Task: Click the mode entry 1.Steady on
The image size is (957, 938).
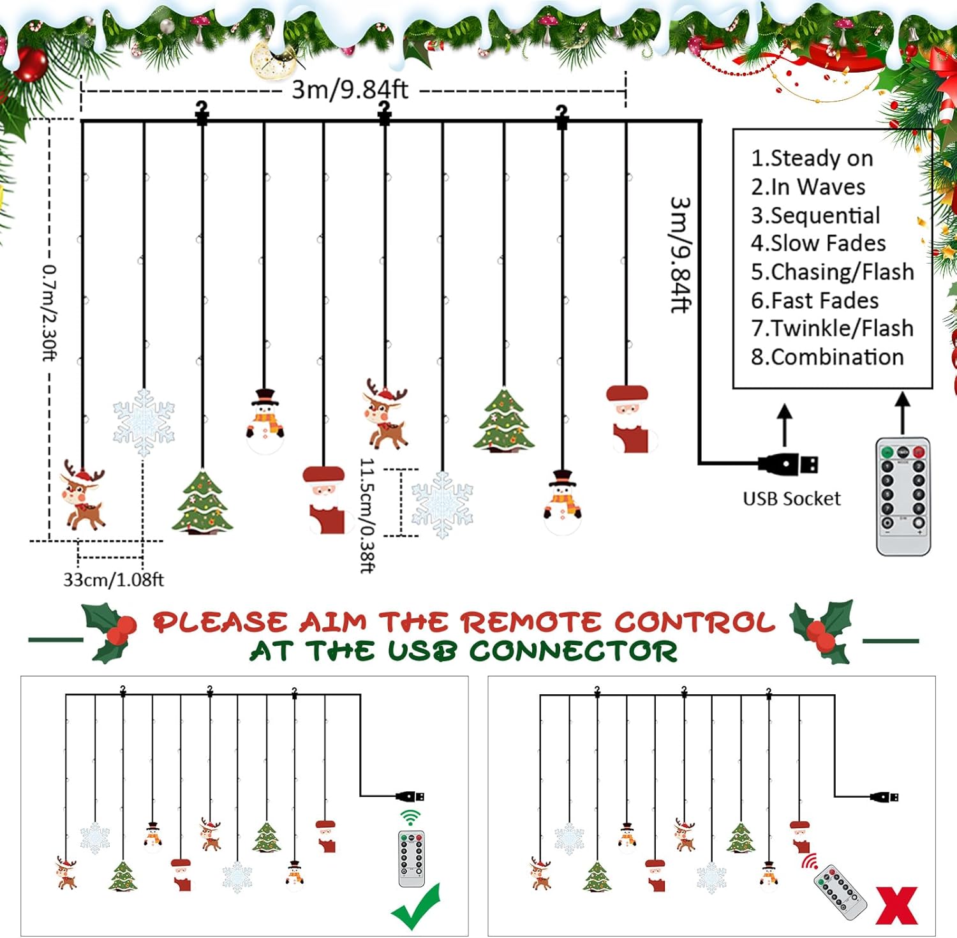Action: coord(812,158)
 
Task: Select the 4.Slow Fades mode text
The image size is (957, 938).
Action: coord(818,243)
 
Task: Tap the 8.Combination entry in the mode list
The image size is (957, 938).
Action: coord(827,357)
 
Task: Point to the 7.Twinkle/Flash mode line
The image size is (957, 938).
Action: coord(832,328)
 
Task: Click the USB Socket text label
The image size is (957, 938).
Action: coord(792,498)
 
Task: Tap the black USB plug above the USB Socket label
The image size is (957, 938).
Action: coord(789,464)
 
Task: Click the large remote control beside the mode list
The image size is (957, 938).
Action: coord(903,496)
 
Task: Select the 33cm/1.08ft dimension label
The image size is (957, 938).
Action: coord(113,579)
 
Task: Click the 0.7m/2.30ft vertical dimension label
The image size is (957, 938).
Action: coord(50,313)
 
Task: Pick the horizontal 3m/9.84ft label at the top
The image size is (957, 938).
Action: coord(350,89)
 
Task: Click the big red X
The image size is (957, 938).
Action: coord(896,905)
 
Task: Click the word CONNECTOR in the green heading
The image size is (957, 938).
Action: coord(573,651)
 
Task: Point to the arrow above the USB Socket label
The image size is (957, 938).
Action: coord(785,424)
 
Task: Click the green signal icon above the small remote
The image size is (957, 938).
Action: coord(411,817)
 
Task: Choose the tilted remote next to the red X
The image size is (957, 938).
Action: coord(840,891)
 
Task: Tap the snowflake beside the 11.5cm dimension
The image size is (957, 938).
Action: coord(442,504)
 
